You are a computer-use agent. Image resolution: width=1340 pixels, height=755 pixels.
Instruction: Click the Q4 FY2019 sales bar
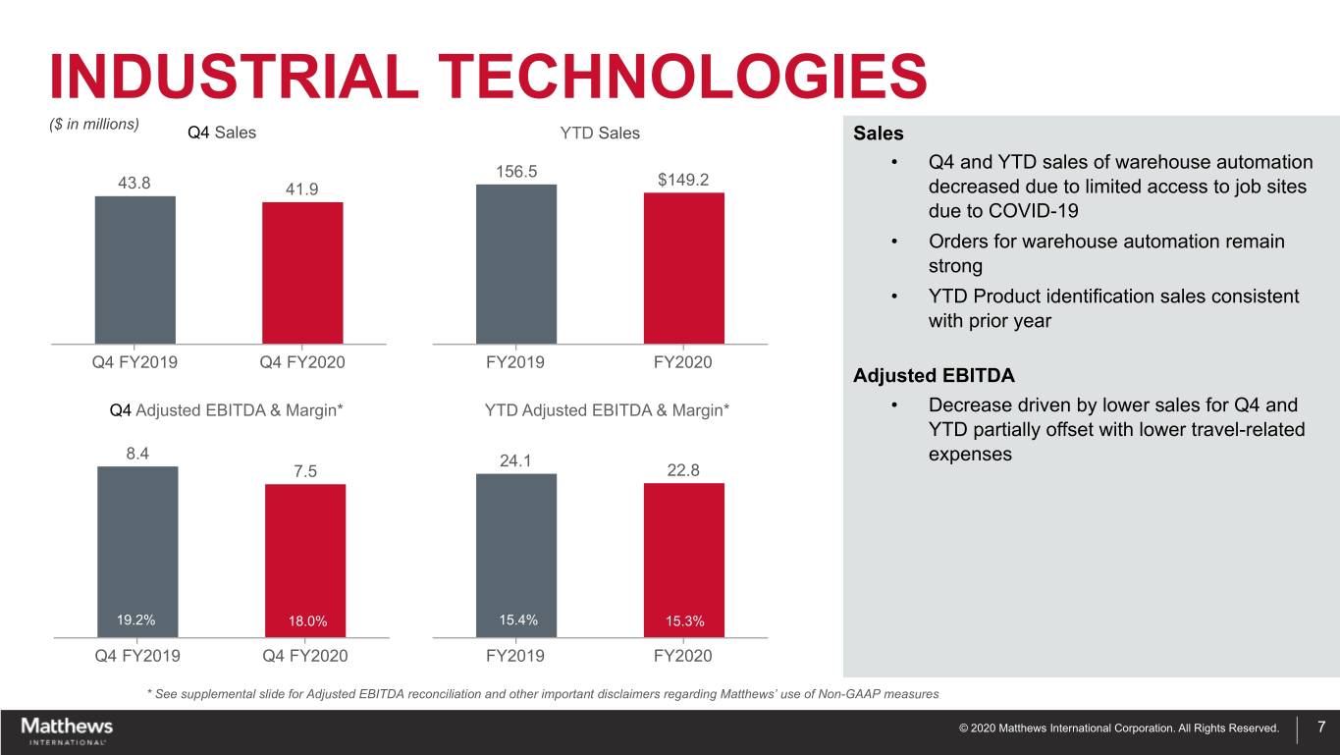pos(134,270)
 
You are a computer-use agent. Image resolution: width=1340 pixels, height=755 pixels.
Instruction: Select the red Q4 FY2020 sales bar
pos(302,273)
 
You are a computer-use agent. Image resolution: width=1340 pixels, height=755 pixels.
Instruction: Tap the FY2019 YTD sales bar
pos(515,264)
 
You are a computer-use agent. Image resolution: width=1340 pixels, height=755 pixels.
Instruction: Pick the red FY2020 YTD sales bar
pos(683,268)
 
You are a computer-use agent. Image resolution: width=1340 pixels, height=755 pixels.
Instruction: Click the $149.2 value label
pos(683,179)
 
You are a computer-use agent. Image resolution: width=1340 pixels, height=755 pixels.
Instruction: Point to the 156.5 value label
pos(516,170)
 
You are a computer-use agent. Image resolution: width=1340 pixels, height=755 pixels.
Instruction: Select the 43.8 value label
pos(134,183)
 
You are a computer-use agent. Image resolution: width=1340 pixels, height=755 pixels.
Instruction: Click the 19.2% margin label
pos(135,620)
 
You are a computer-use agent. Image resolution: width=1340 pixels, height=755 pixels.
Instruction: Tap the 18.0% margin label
pos(307,620)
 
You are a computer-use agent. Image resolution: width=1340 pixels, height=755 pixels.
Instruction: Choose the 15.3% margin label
pos(683,620)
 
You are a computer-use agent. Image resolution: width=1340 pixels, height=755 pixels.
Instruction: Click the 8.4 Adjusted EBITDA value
pos(136,453)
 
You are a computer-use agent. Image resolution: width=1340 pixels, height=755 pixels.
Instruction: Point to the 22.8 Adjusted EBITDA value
pos(683,470)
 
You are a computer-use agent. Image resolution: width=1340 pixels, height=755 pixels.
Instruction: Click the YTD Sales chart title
pos(598,133)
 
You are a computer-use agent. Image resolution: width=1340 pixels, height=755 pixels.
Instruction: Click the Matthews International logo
pos(67,730)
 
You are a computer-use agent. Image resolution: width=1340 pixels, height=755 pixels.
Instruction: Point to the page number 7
pos(1321,728)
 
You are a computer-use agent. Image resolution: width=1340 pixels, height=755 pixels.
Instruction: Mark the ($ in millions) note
pos(94,124)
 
